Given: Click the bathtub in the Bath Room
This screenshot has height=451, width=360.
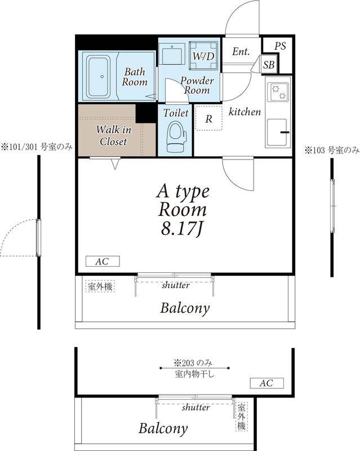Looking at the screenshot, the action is (98, 76).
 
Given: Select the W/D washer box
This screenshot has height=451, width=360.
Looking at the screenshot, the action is (203, 56).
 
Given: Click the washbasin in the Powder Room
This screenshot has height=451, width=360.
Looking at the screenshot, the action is (172, 54).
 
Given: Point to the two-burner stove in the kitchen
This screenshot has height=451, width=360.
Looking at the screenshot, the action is (278, 92).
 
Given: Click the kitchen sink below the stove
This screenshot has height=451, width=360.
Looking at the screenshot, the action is (278, 132).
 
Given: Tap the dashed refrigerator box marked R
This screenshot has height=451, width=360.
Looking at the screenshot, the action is (209, 118).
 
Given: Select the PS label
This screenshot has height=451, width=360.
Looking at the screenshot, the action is (280, 46).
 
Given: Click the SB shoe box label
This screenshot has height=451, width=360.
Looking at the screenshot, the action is (269, 65).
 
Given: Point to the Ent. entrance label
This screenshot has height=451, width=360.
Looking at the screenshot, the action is (241, 51).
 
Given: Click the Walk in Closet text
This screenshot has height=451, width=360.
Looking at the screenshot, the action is (113, 135).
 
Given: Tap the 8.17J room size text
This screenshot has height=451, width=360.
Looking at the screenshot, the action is (183, 229).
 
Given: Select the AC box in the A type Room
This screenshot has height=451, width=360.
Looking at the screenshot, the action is (103, 262).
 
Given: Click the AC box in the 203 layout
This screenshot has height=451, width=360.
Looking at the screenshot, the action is (266, 383).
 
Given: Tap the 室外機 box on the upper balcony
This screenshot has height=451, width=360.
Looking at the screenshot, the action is (100, 286).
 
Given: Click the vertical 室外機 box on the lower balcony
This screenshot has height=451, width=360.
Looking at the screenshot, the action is (241, 416).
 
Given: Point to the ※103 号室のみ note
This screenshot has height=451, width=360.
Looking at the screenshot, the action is (332, 150).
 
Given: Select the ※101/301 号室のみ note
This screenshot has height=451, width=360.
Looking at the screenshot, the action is (37, 147).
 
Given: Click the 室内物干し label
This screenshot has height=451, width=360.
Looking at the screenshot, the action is (194, 374).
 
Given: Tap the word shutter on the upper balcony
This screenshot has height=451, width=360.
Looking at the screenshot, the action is (176, 285).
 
